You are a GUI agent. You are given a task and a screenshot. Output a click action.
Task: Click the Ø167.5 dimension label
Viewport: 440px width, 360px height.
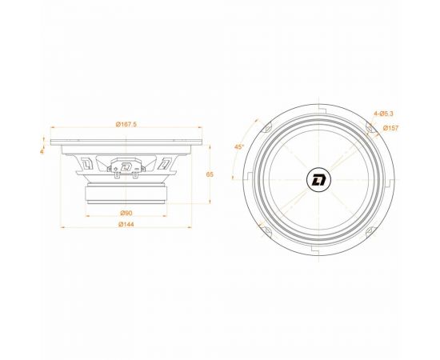(126, 124)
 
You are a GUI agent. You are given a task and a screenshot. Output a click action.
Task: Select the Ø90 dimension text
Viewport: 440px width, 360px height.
(126, 213)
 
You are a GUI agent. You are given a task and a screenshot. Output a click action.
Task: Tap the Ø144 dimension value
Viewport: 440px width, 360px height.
(126, 226)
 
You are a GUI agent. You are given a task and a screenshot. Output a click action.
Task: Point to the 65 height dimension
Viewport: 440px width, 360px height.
(210, 174)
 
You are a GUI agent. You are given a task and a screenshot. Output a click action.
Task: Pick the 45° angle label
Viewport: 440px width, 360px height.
(238, 147)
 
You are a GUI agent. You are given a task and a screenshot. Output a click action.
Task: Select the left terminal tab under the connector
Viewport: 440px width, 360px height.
(118, 177)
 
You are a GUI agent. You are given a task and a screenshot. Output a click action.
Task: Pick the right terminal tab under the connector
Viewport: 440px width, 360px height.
(134, 177)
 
